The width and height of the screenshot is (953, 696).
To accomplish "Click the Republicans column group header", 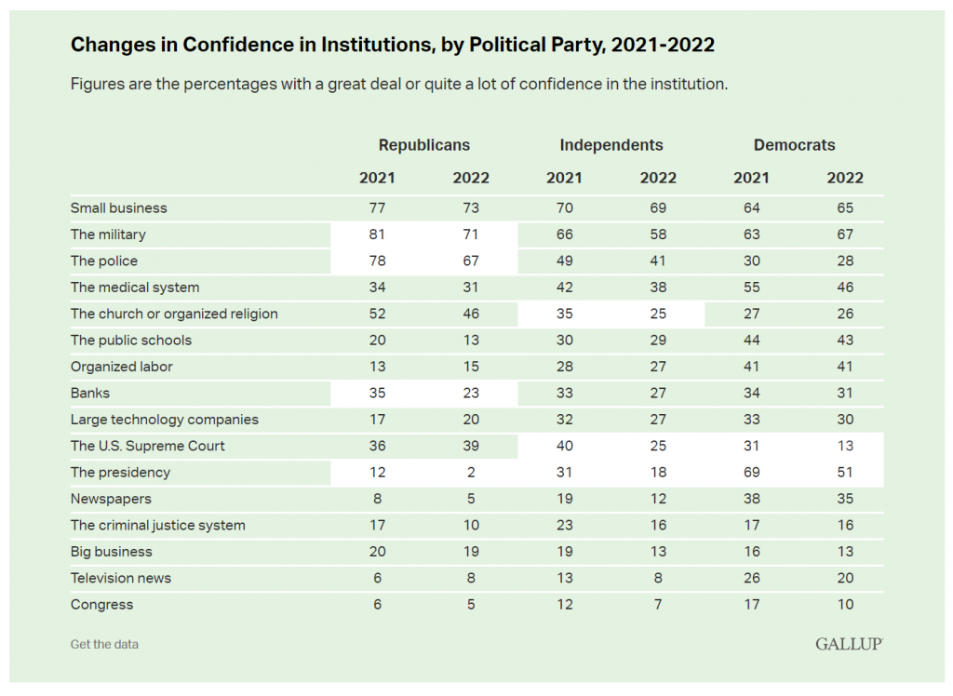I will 423,145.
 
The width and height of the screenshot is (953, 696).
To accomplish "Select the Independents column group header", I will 611,145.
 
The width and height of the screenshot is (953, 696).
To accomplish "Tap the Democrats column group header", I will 794,145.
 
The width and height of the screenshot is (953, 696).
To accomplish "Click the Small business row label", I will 118,207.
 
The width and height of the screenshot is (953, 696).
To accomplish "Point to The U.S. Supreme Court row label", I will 147,446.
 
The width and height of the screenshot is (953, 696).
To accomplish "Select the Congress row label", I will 101,605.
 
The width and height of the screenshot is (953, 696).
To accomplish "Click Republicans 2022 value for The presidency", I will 470,473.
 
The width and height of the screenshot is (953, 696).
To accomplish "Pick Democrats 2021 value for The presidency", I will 751,473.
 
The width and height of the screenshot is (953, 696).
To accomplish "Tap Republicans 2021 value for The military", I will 377,234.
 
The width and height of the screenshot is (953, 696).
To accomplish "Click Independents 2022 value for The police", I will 657,261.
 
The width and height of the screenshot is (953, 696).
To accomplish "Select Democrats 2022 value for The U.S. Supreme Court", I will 844,446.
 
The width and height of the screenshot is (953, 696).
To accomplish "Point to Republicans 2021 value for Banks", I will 377,393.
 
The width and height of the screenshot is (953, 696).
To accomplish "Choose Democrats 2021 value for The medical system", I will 751,288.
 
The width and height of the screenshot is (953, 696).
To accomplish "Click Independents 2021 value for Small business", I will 563,207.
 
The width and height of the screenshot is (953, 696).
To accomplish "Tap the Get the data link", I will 104,644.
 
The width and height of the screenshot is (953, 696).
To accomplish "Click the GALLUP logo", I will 849,644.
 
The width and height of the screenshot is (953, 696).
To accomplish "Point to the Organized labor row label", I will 122,367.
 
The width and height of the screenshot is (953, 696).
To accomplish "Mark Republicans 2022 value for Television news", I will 470,578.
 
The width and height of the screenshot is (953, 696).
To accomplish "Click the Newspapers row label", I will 111,499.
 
